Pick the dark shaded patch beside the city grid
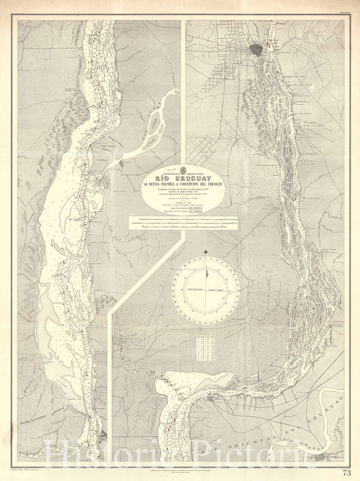[x=257, y=49]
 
